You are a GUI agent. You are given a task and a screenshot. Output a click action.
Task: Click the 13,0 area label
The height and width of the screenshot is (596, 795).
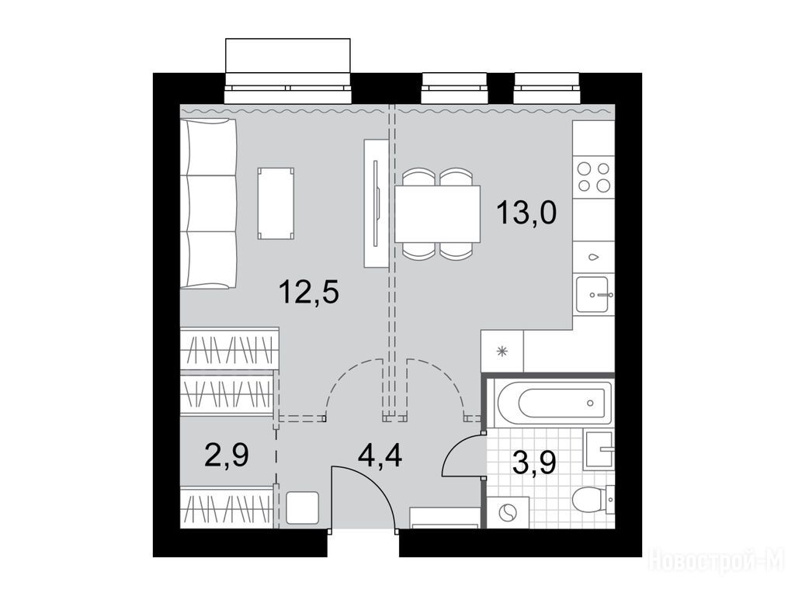(x=527, y=213)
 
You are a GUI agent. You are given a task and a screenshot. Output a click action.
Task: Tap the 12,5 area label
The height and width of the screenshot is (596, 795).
(x=309, y=292)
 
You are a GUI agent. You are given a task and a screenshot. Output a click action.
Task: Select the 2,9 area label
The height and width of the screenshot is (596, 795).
(x=227, y=455)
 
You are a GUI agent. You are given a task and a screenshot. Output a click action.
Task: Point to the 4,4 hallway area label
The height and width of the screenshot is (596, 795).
(x=380, y=456)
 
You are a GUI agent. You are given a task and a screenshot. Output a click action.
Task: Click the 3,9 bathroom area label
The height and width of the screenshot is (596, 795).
(x=534, y=462)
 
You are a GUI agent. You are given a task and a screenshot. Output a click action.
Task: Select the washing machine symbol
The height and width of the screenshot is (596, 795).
(x=508, y=512)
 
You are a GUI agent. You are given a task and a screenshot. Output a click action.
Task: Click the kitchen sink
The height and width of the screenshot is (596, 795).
(x=593, y=294)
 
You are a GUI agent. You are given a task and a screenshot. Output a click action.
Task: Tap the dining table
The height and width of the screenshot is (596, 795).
(x=437, y=214)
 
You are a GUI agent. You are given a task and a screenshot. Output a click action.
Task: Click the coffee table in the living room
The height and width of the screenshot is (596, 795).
(x=276, y=203)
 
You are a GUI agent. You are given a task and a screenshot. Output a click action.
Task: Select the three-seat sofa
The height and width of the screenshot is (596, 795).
(x=209, y=204)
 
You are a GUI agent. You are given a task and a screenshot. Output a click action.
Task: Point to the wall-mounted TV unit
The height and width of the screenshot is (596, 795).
(x=377, y=203)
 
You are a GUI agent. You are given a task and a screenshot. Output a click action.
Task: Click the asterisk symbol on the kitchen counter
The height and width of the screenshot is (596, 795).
(x=502, y=352)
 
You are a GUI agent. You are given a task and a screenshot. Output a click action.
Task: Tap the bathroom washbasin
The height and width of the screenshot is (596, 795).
(x=599, y=449)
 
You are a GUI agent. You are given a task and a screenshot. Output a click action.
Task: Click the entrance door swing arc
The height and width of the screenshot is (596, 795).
(x=375, y=483)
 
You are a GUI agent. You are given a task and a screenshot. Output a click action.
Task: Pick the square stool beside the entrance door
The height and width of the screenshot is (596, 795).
(x=302, y=508)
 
